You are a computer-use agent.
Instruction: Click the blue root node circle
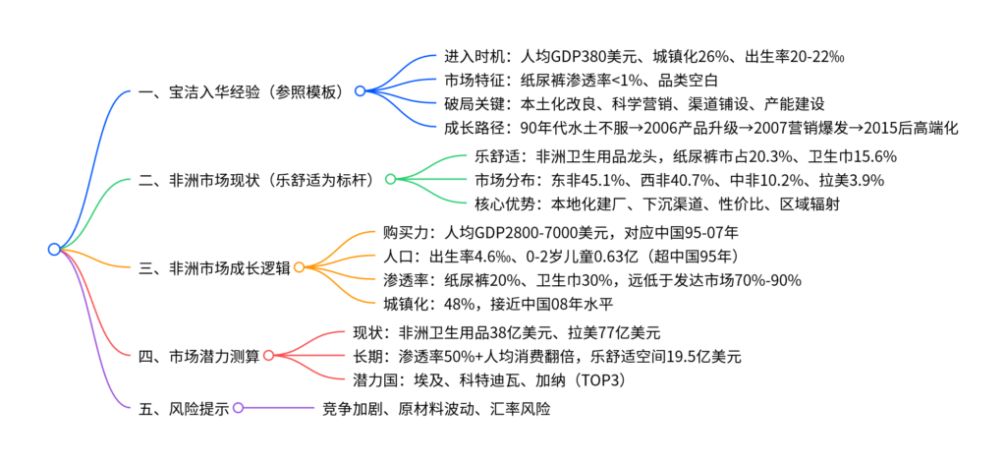coord(54,249)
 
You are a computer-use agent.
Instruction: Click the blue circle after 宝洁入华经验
coord(360,91)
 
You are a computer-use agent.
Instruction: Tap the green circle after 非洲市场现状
coord(390,179)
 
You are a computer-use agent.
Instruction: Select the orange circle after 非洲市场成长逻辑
coord(299,267)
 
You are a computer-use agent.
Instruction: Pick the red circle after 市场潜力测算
coord(269,356)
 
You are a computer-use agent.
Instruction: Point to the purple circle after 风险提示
coord(238,408)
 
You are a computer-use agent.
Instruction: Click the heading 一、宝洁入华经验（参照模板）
coord(245,91)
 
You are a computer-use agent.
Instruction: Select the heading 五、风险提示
coord(184,408)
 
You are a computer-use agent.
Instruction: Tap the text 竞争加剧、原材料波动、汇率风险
coord(436,408)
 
